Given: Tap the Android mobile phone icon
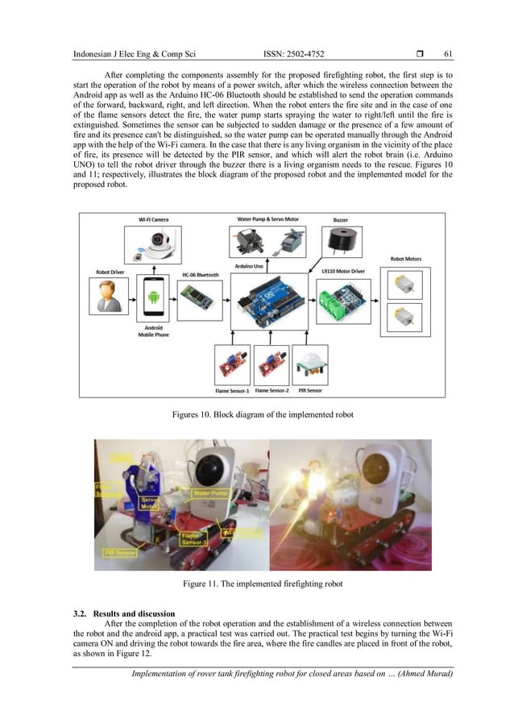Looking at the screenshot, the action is (153, 299).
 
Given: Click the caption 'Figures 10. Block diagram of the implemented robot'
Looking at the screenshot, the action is (263, 414).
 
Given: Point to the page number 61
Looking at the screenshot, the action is (448, 54).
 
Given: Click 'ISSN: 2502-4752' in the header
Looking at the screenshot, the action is (293, 54).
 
